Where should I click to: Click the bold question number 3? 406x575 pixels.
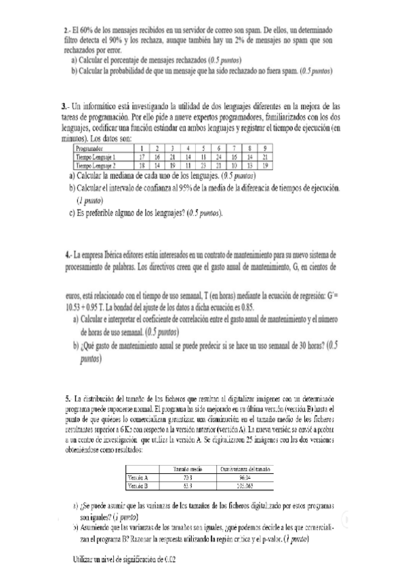(64, 106)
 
